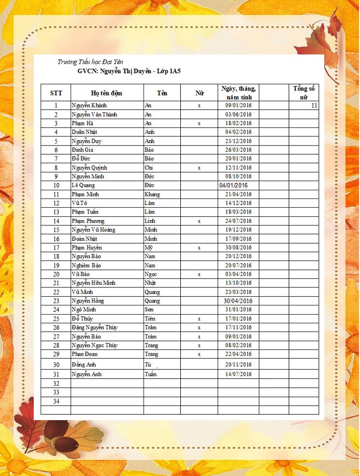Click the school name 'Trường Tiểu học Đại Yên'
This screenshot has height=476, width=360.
pos(90,62)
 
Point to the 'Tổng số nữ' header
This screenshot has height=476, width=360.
pos(304,93)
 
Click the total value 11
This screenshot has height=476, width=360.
pos(314,106)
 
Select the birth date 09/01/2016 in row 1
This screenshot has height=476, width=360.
pos(238,106)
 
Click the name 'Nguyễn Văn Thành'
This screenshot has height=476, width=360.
pos(94,115)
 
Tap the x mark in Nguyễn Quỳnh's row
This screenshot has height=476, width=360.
pos(199,168)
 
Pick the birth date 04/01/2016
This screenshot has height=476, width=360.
pos(233,185)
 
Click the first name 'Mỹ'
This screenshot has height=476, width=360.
pos(149,248)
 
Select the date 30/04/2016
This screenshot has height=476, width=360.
pos(238,301)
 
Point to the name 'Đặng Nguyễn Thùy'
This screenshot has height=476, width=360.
pos(94,328)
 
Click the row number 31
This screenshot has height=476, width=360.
pos(56,374)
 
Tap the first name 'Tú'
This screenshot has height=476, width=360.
pos(148,365)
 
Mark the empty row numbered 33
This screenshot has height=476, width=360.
pos(56,393)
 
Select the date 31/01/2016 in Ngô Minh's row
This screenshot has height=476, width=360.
pos(238,310)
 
